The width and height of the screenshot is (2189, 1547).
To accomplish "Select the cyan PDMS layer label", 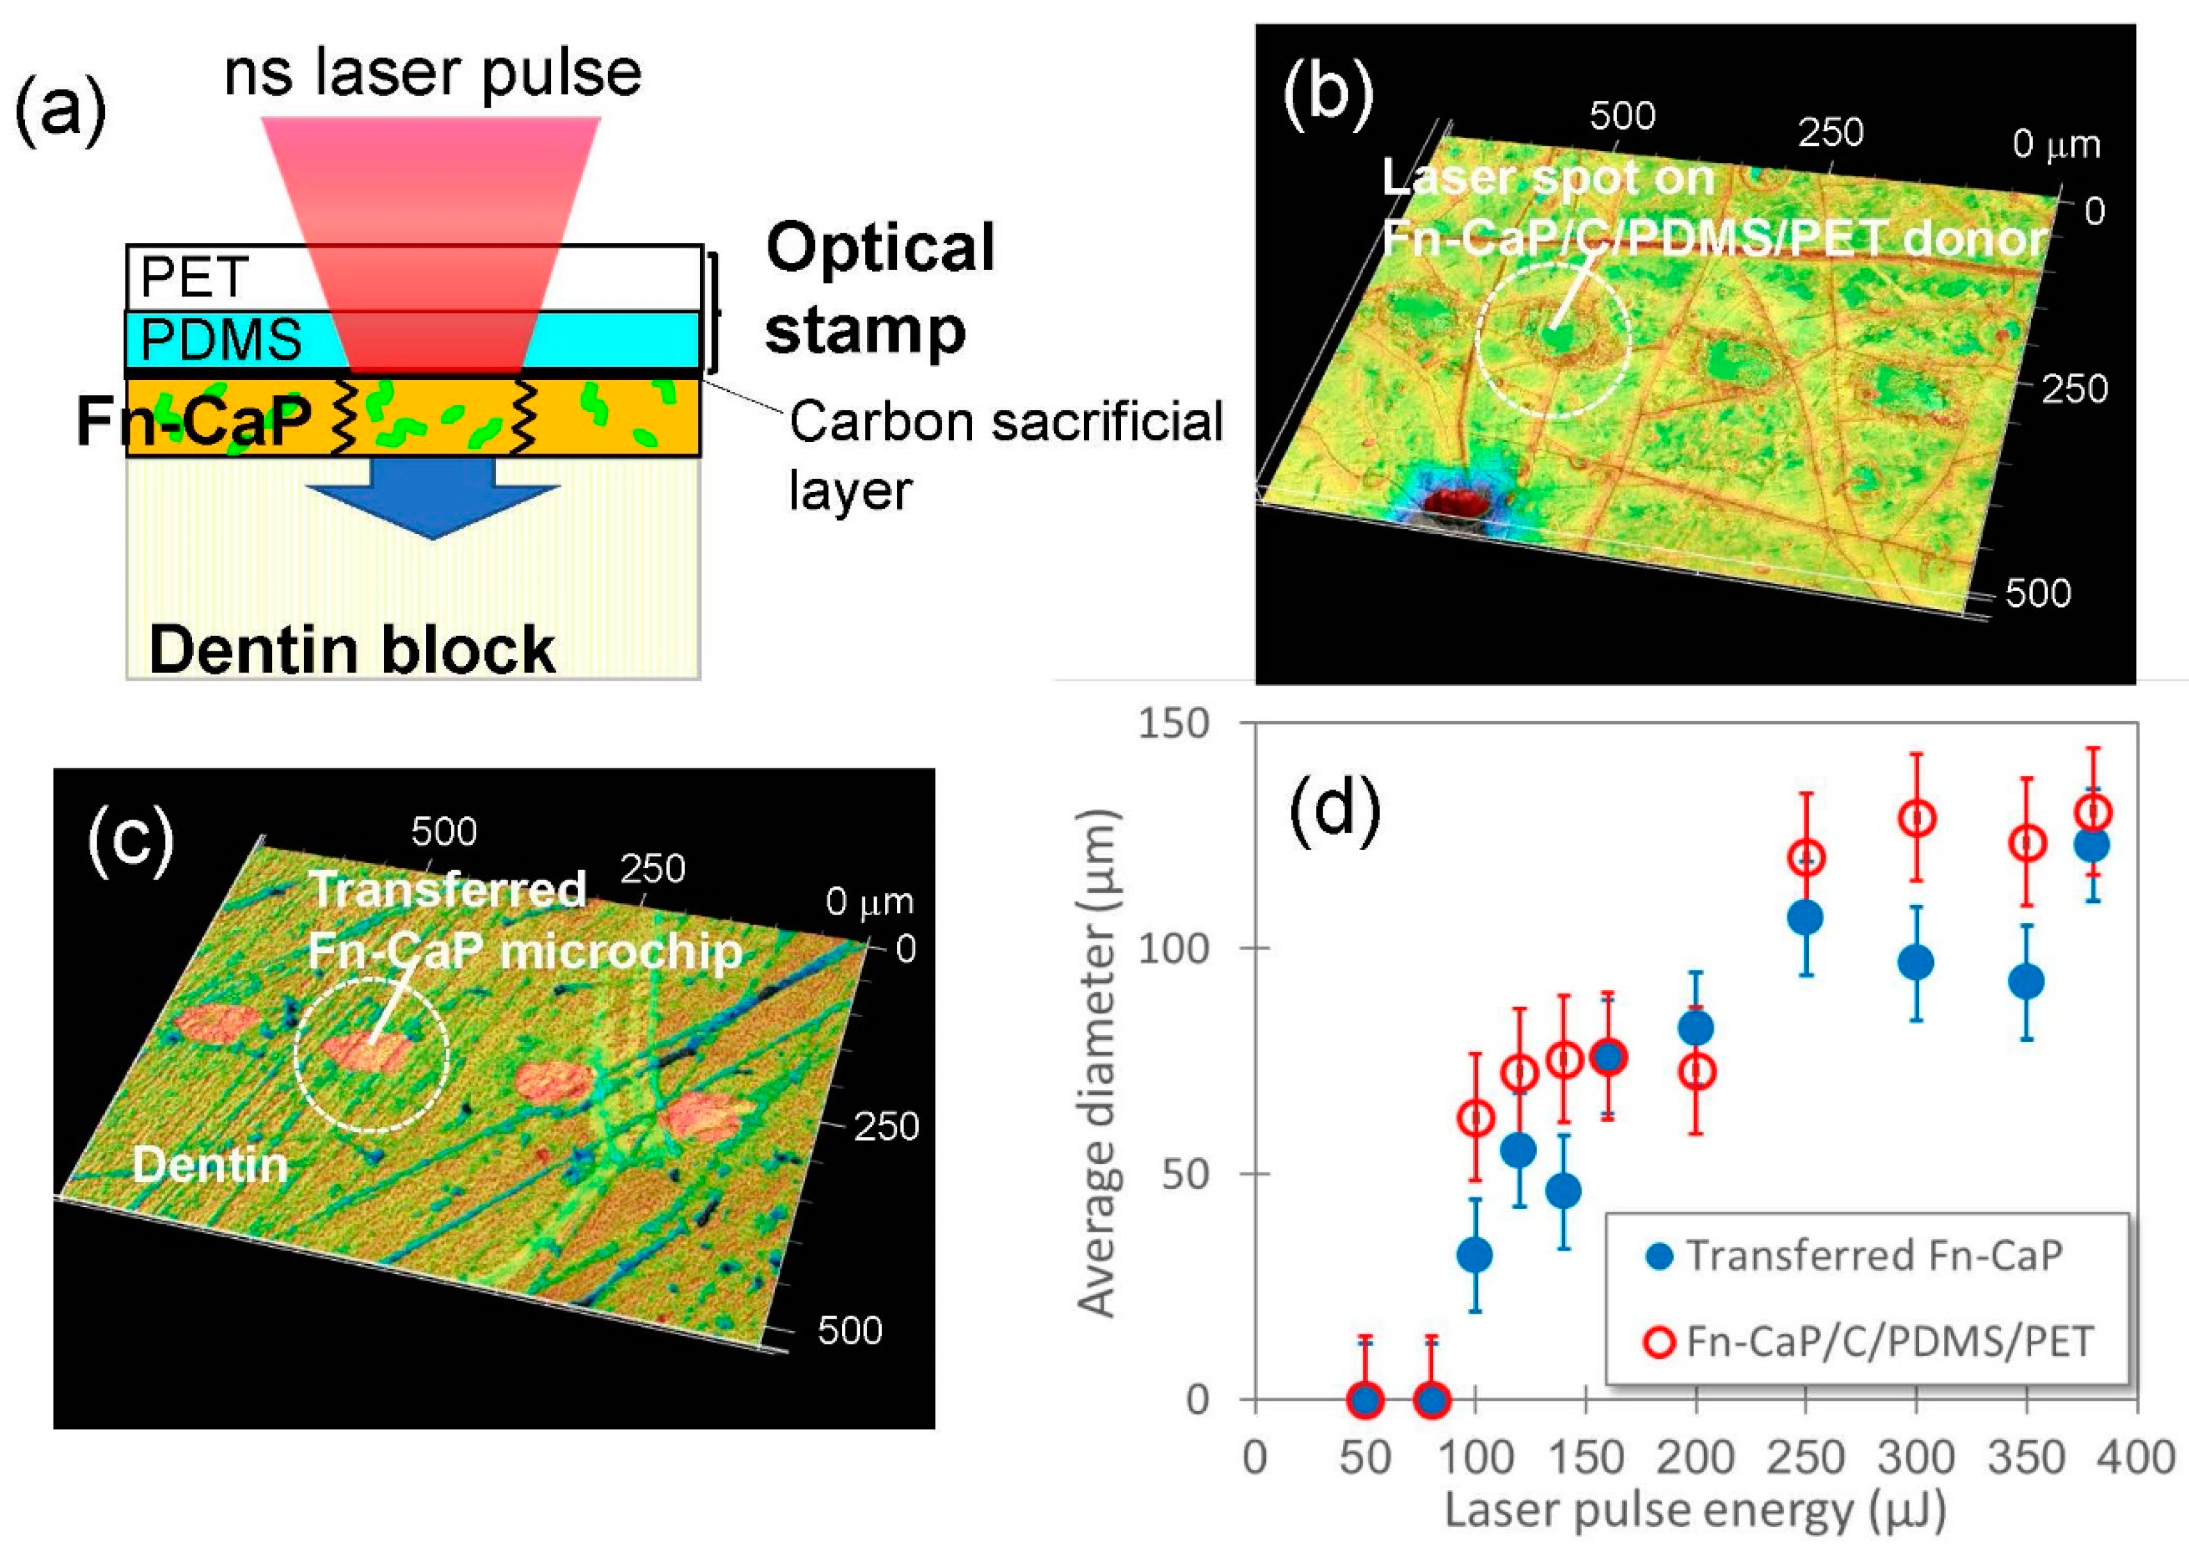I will (x=221, y=340).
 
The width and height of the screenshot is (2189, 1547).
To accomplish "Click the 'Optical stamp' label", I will (x=879, y=288).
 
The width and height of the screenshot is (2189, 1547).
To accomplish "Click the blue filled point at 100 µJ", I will (x=1475, y=1255).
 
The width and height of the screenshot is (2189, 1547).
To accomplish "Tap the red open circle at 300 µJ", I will (x=1916, y=818).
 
